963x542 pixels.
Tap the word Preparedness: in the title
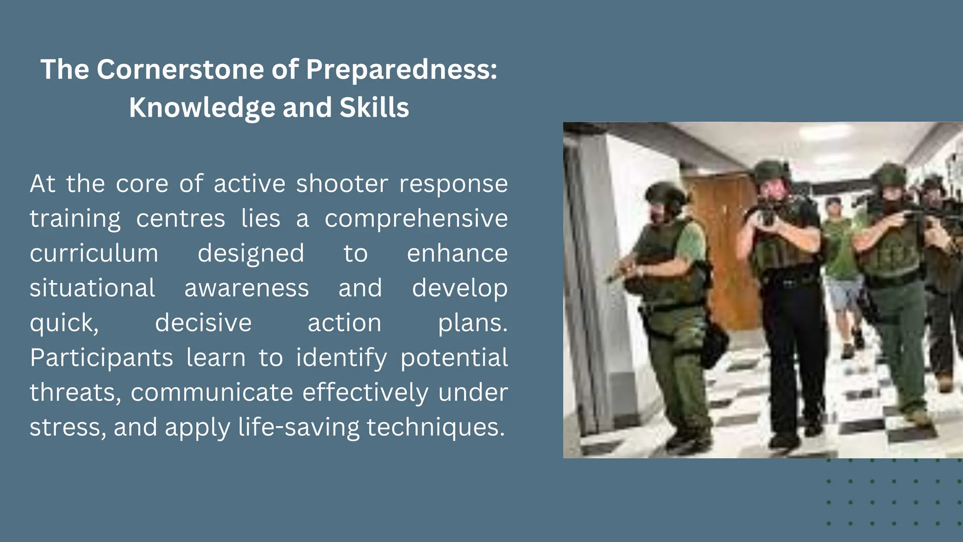(402, 70)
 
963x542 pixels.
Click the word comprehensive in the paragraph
(416, 218)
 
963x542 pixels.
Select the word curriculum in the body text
(94, 253)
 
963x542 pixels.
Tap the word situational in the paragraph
(92, 288)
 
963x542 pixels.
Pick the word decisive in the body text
(203, 323)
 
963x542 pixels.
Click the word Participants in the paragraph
(102, 358)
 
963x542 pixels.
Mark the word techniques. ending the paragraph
(435, 427)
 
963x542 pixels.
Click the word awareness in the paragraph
(246, 288)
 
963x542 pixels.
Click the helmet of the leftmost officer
(666, 194)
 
